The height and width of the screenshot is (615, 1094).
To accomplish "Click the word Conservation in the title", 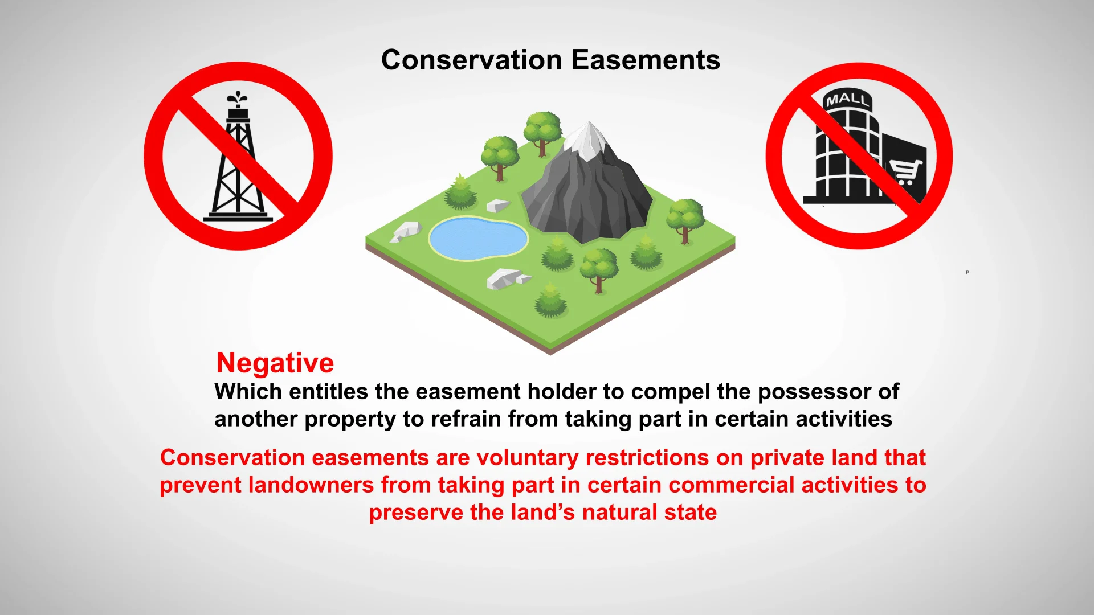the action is (x=472, y=60).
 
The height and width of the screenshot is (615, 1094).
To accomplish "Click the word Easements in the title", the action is (x=646, y=60).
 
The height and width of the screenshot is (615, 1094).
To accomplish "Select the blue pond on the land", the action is (x=478, y=237).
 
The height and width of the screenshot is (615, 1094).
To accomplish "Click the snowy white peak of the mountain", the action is (x=587, y=140).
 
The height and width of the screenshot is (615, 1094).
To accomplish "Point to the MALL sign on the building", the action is (x=848, y=100).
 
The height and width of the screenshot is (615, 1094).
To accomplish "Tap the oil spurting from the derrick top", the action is (x=238, y=99).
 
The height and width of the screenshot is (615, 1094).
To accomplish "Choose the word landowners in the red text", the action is (x=311, y=485).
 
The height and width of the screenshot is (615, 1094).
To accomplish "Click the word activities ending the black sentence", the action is (x=844, y=419).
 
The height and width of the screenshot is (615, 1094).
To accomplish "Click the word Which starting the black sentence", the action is (x=248, y=392).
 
